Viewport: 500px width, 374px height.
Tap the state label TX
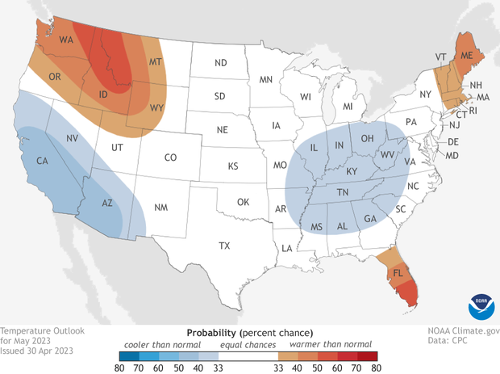click(x=225, y=245)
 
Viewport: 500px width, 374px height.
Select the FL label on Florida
click(x=397, y=272)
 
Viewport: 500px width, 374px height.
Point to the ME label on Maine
click(x=466, y=55)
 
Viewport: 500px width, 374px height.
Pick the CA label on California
click(x=43, y=161)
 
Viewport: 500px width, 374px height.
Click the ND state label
click(x=219, y=63)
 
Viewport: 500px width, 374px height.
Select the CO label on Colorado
click(x=170, y=158)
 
